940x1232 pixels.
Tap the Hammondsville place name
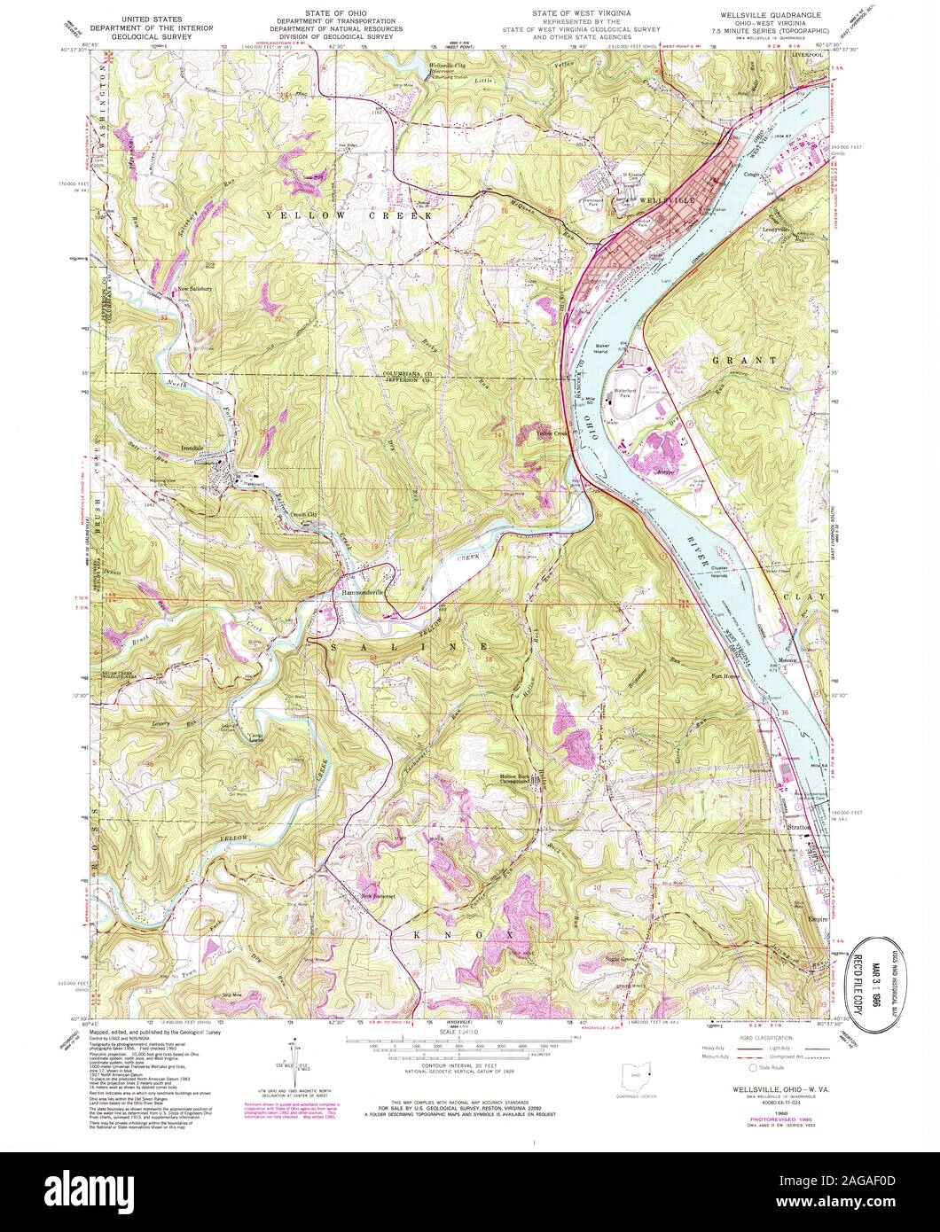(x=364, y=593)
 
